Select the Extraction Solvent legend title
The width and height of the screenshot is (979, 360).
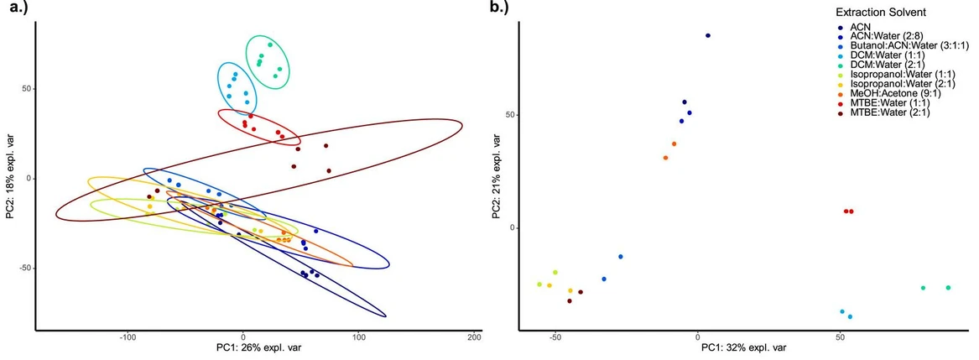pos(880,13)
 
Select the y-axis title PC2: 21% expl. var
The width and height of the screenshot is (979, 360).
pos(497,173)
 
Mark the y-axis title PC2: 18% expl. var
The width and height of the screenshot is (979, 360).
pos(9,179)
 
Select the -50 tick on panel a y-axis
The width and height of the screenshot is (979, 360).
pos(23,269)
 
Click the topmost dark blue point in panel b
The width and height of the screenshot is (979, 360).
pos(708,35)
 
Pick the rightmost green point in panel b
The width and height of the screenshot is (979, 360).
pos(948,288)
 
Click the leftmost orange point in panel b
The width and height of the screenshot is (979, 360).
pos(665,158)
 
